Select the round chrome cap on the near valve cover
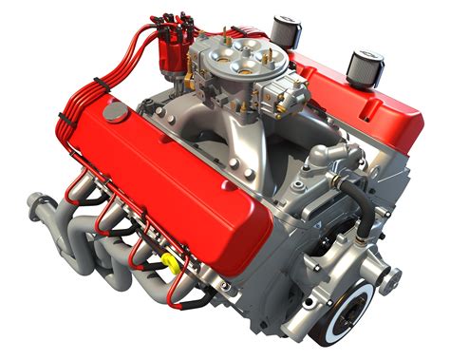pyautogui.click(x=115, y=112)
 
